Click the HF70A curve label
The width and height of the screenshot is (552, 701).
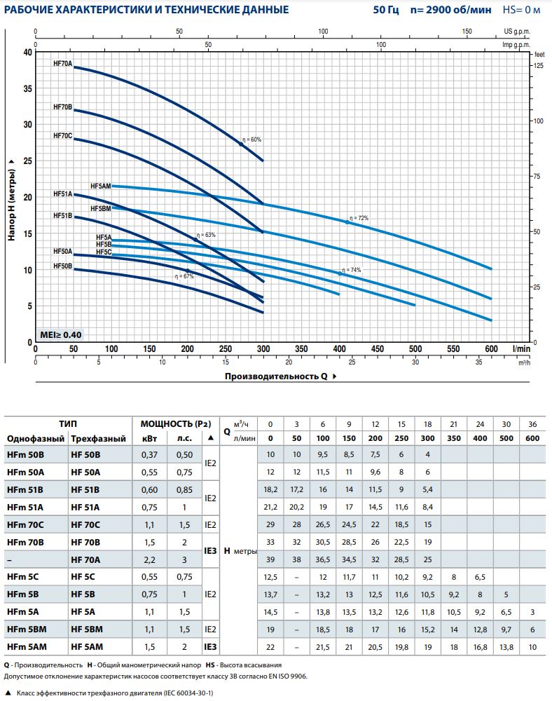point(63,64)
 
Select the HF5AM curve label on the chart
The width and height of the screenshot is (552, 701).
point(101,186)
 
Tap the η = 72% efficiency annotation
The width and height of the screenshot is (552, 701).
point(358,218)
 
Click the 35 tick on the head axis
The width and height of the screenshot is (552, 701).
point(27,88)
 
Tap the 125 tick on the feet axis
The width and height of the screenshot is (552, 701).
point(539,65)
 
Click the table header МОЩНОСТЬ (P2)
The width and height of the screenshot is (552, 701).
point(175,424)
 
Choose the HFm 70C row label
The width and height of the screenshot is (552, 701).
point(25,524)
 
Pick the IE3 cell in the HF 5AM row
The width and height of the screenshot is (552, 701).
point(209,646)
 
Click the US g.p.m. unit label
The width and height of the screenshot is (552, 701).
point(518,32)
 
